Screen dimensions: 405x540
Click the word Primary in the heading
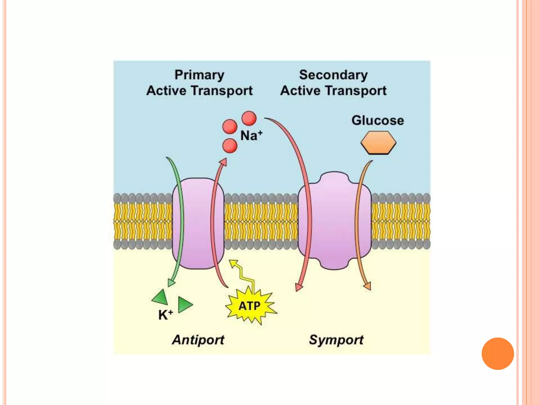pyautogui.click(x=199, y=75)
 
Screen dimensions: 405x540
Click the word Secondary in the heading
pyautogui.click(x=333, y=75)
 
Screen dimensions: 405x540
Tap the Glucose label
pyautogui.click(x=378, y=120)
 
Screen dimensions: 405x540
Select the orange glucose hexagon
pyautogui.click(x=378, y=143)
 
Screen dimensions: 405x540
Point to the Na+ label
pyautogui.click(x=251, y=136)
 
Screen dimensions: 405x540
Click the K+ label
pyautogui.click(x=165, y=315)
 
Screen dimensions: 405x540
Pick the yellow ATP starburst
pyautogui.click(x=250, y=306)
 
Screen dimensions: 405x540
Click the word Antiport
pyautogui.click(x=198, y=340)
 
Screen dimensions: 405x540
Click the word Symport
pyautogui.click(x=336, y=340)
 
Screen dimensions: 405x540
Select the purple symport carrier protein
pyautogui.click(x=334, y=221)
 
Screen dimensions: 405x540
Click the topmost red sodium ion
pyautogui.click(x=249, y=118)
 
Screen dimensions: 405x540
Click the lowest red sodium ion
pyautogui.click(x=230, y=146)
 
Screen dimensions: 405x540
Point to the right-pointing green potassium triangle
pyautogui.click(x=185, y=305)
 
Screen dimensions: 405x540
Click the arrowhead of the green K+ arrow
pyautogui.click(x=171, y=283)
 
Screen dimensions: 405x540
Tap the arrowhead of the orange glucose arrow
pyautogui.click(x=367, y=286)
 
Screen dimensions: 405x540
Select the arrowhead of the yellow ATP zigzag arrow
pyautogui.click(x=233, y=263)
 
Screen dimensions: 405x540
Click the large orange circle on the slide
pyautogui.click(x=498, y=354)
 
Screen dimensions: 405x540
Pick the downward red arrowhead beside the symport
pyautogui.click(x=299, y=287)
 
